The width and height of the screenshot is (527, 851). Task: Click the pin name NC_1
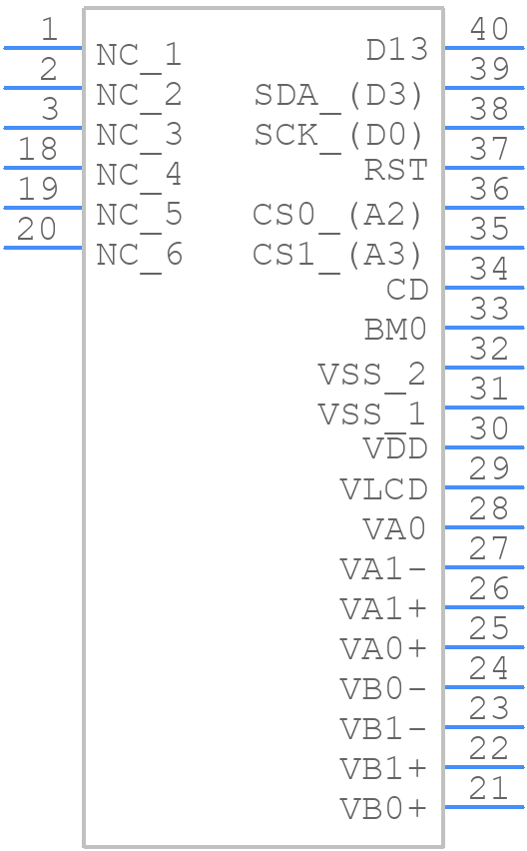139,56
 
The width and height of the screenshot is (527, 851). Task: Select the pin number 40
489,29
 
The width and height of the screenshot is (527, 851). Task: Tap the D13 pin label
397,50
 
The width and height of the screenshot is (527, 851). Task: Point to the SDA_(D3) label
339,96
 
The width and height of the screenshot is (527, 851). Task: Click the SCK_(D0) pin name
339,136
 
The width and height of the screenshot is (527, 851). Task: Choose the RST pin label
396,170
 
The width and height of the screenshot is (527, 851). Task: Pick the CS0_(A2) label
337,216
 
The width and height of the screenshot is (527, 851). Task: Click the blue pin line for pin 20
43,248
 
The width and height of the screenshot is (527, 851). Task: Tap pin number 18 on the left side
37,149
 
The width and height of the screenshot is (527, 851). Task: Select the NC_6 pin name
139,256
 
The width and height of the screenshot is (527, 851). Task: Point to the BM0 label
396,330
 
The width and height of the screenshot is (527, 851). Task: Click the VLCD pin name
384,489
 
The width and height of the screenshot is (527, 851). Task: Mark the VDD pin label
396,449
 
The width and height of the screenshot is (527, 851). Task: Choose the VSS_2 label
372,376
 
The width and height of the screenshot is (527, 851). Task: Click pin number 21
488,788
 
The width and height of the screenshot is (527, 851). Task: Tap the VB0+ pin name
383,809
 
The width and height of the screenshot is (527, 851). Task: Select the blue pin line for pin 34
485,288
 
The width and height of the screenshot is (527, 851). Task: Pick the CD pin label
407,290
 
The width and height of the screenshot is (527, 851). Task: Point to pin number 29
489,468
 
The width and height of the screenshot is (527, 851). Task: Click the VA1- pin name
383,569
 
